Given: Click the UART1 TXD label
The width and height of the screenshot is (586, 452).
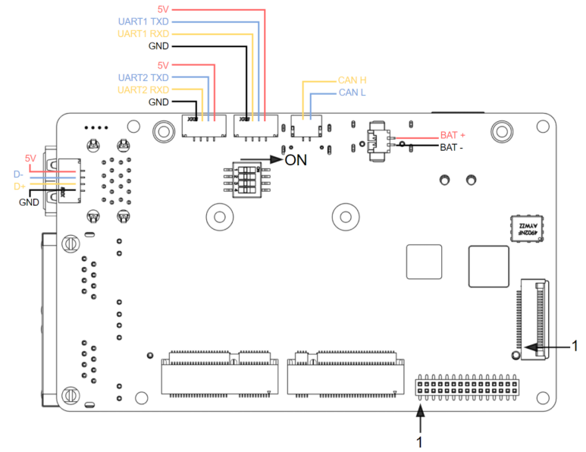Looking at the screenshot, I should pyautogui.click(x=143, y=22).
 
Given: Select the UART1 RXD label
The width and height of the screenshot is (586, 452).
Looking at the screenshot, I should pyautogui.click(x=143, y=34).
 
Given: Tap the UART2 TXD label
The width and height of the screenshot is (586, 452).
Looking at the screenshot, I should pyautogui.click(x=143, y=78).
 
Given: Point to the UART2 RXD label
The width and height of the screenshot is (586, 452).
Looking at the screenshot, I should pyautogui.click(x=143, y=90).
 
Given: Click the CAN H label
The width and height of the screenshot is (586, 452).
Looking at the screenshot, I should pyautogui.click(x=353, y=80).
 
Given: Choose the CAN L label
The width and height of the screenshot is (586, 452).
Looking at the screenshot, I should pyautogui.click(x=353, y=93).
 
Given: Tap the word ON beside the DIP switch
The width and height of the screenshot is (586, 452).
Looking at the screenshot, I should pyautogui.click(x=296, y=160).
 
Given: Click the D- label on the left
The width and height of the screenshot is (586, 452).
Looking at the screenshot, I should pyautogui.click(x=19, y=174).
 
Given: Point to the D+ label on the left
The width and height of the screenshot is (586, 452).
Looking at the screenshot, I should pyautogui.click(x=19, y=186).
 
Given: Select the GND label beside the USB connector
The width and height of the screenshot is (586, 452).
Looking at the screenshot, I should pyautogui.click(x=29, y=202).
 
